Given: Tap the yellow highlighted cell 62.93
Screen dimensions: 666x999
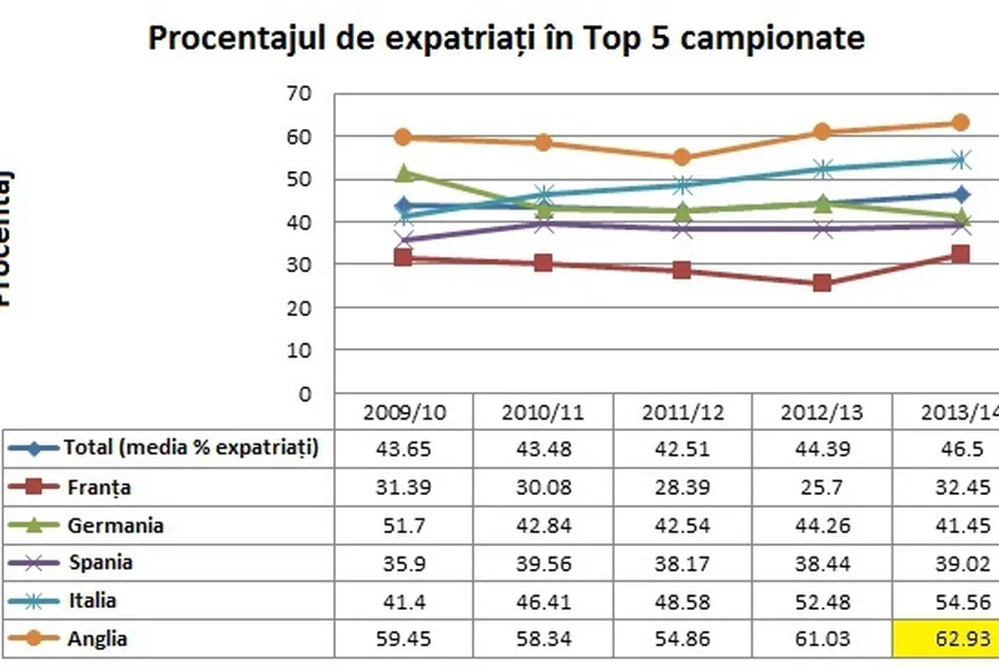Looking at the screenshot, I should (946, 637).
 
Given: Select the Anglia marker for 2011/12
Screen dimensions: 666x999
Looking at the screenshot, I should (682, 158).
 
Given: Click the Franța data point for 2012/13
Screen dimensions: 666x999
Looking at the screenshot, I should (822, 283).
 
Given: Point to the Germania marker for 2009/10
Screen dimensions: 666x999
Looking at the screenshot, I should (404, 173).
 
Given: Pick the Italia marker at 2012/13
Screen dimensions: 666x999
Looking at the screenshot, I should (822, 169).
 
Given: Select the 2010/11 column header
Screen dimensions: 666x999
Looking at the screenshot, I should (543, 414).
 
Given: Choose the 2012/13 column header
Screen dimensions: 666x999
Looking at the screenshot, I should (822, 414).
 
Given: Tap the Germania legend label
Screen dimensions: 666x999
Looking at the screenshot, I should (115, 524).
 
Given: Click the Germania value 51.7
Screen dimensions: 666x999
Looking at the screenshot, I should (404, 524).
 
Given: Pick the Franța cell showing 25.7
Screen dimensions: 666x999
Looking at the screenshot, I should (822, 487).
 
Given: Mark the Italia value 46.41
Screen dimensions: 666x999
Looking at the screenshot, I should (543, 600).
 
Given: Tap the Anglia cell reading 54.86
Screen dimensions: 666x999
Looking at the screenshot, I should (682, 637).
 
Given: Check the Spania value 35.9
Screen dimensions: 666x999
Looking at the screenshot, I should (404, 562).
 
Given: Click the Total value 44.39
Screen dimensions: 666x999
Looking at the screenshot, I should (822, 449).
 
